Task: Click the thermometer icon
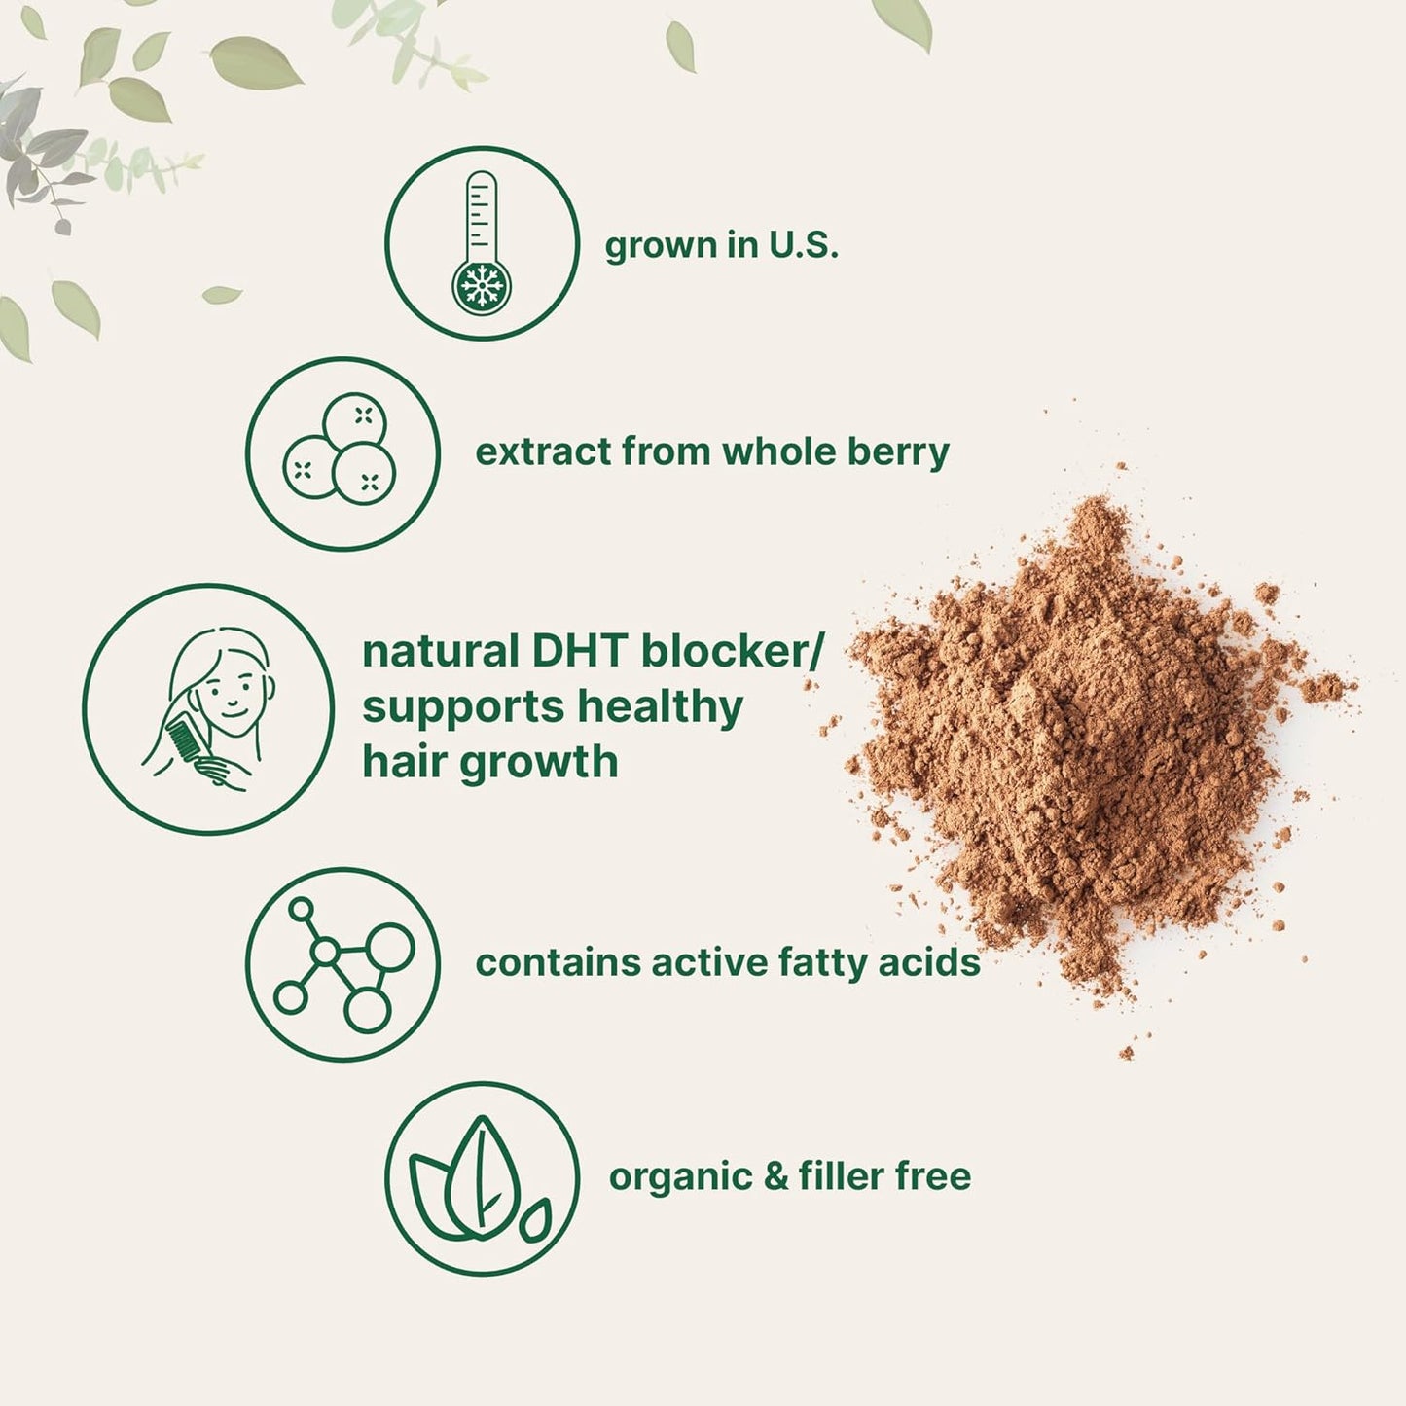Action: (x=482, y=242)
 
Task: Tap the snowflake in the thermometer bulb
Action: (x=482, y=286)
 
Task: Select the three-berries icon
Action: (x=342, y=452)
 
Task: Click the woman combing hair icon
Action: (x=208, y=708)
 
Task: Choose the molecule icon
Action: (x=342, y=963)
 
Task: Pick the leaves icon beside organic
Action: (x=481, y=1178)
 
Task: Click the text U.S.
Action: (x=803, y=244)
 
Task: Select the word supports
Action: (x=463, y=708)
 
